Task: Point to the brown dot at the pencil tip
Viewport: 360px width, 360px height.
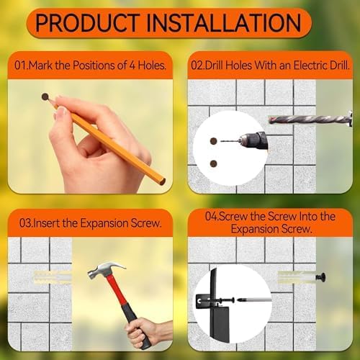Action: coord(45,96)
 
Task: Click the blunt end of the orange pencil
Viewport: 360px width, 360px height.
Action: coord(162,181)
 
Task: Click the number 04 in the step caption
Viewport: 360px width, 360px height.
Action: coord(211,216)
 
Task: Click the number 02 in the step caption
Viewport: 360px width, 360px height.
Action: coord(199,65)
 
